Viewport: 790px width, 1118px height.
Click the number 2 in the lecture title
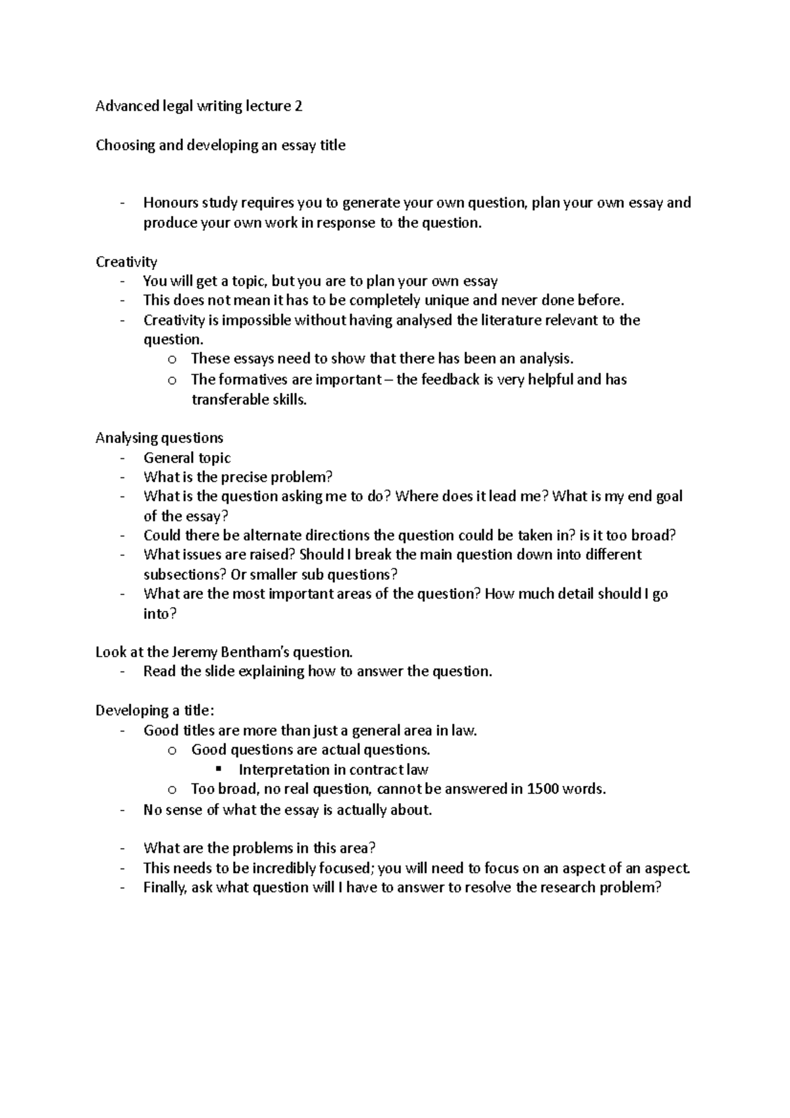click(x=298, y=107)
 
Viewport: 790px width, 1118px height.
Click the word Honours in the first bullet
click(x=170, y=203)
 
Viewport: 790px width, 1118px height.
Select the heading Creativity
click(x=126, y=262)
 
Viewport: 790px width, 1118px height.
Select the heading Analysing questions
click(x=159, y=438)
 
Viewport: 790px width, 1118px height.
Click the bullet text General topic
click(x=187, y=458)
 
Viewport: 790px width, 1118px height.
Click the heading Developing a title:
click(x=155, y=710)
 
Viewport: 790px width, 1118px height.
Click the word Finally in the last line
click(x=165, y=888)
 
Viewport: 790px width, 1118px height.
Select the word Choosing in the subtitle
click(x=124, y=146)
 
